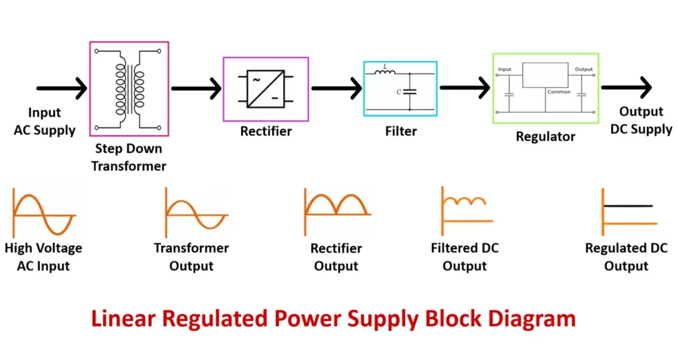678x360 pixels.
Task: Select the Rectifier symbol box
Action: pos(266,89)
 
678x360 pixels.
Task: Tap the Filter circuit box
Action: pos(400,89)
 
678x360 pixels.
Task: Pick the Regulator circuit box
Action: pos(546,89)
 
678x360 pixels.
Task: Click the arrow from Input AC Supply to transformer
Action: pos(62,87)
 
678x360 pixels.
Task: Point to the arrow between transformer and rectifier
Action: pos(196,87)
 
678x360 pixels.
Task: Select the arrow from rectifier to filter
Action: pos(336,87)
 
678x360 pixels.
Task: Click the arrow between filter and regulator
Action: pos(465,87)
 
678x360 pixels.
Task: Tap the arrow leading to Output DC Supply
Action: pos(626,87)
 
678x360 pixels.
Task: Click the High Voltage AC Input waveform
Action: pos(43,214)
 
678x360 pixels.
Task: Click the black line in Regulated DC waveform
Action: pos(628,206)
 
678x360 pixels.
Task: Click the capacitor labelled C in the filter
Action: pos(411,91)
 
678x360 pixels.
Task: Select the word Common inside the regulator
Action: pos(559,92)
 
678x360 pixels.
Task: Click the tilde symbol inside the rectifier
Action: pos(256,79)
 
